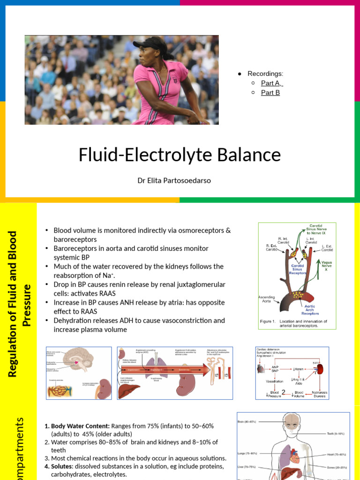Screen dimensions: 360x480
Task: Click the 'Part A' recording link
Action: pyautogui.click(x=271, y=83)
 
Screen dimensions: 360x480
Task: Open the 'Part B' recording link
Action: pyautogui.click(x=270, y=92)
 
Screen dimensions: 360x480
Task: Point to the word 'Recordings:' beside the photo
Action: pyautogui.click(x=265, y=74)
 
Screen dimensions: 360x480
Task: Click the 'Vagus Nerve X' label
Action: pyautogui.click(x=327, y=265)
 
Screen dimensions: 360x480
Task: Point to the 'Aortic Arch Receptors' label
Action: pyautogui.click(x=310, y=310)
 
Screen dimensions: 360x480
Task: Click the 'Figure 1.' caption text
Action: pyautogui.click(x=270, y=322)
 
